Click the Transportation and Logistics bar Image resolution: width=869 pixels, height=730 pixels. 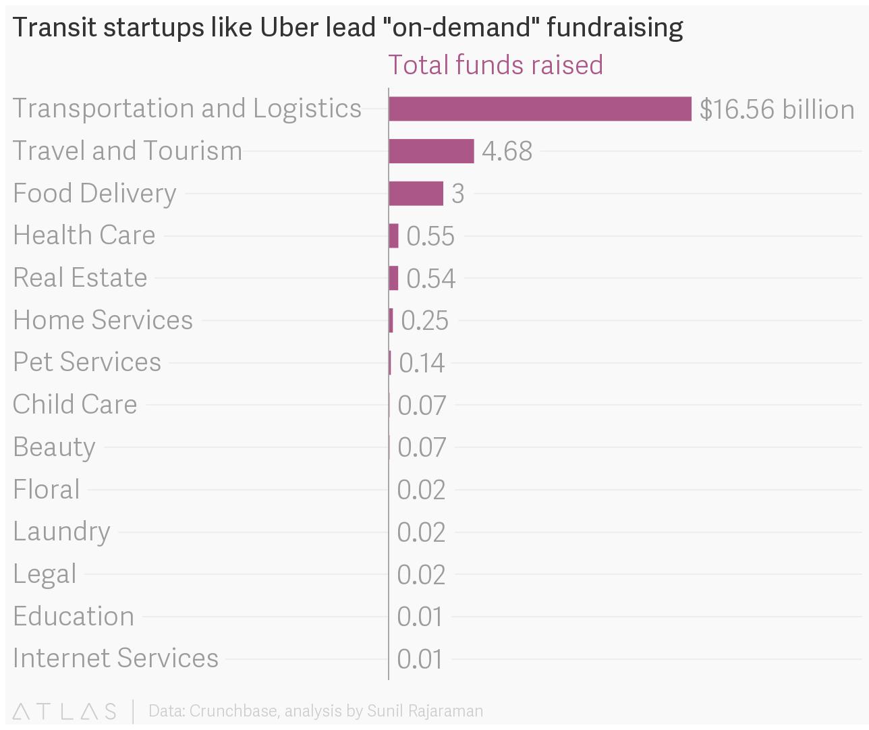(x=540, y=109)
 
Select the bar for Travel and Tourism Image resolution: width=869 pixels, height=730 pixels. (x=431, y=151)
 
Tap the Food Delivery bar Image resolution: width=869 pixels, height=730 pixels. (x=416, y=194)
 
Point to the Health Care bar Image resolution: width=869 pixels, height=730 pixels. (x=394, y=236)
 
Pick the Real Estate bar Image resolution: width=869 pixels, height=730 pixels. (x=393, y=278)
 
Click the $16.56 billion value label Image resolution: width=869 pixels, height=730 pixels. (x=777, y=109)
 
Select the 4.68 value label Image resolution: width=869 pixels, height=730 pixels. (x=507, y=151)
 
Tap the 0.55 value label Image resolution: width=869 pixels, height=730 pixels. (x=430, y=236)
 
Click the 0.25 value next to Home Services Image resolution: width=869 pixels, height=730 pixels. (x=424, y=320)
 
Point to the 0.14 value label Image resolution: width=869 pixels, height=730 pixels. (x=422, y=363)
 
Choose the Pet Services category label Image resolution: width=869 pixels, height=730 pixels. (x=87, y=362)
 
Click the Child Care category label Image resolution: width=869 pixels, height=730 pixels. (x=75, y=405)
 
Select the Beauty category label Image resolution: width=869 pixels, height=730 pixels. (x=54, y=447)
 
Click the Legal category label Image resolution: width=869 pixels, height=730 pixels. (x=45, y=574)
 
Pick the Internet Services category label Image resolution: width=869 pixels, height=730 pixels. (x=115, y=658)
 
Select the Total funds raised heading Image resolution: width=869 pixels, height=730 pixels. (x=495, y=65)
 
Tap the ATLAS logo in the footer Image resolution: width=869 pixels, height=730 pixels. (x=65, y=711)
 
